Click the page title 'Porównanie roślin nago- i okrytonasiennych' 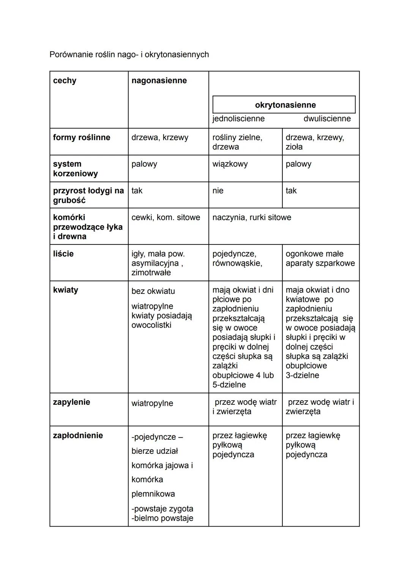pos(129,55)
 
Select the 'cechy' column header pos(65,80)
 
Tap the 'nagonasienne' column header pos(159,80)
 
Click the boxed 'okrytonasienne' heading pos(285,105)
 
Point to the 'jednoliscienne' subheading pos(238,118)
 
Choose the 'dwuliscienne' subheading pos(327,118)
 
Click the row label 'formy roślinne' pos(82,137)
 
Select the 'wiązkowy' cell pos(230,164)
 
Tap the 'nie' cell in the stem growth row pos(218,191)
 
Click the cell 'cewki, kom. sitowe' pos(166,217)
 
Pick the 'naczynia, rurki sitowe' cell pos(252,217)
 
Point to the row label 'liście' pos(63,254)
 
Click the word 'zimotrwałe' pos(151,273)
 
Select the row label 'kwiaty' pos(66,290)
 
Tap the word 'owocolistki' pos(151,325)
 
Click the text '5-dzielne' pos(229,385)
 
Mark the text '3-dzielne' pos(302,375)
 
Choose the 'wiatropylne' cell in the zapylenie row pos(152,403)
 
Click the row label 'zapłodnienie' pos(78,435)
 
